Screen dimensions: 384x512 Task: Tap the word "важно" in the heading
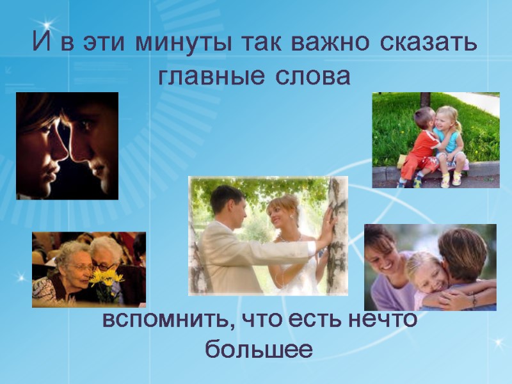point(331,44)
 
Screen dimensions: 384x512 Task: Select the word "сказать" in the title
point(428,44)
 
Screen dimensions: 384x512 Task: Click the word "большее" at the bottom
point(259,349)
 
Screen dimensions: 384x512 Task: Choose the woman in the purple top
point(388,269)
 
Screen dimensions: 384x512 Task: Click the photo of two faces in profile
point(67,145)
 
